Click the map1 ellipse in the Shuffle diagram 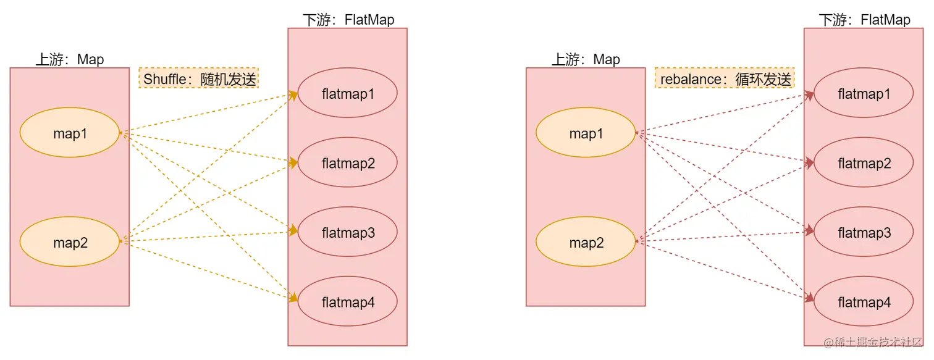pos(70,133)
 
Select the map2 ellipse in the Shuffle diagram pos(70,243)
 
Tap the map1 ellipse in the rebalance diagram pos(586,133)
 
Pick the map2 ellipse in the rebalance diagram pos(586,243)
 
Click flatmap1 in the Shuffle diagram pos(348,94)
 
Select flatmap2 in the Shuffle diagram pos(348,163)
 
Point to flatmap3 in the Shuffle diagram pos(348,233)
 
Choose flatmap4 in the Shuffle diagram pos(348,302)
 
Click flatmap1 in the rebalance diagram pos(864,94)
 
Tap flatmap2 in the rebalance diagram pos(864,163)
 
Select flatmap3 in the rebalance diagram pos(864,233)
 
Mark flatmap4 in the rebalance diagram pos(864,302)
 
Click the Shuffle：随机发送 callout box pos(199,78)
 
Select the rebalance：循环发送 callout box pos(725,78)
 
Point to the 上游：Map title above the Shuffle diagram pos(70,59)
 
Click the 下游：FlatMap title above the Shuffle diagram pos(348,20)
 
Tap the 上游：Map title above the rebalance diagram pos(586,59)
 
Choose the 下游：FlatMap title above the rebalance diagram pos(864,20)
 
